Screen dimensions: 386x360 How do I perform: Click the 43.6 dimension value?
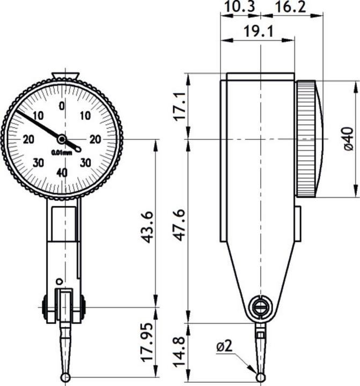point(148,227)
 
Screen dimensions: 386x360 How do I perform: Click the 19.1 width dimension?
point(259,31)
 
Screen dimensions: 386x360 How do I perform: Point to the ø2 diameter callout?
point(225,347)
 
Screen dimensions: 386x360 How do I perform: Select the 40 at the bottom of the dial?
point(62,172)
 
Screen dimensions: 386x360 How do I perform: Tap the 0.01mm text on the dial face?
point(61,152)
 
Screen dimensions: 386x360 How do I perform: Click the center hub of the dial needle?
point(62,139)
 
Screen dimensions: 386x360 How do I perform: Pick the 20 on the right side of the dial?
point(95,139)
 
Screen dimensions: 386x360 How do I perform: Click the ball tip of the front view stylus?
point(65,378)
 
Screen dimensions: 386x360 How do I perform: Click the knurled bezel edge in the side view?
point(306,139)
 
